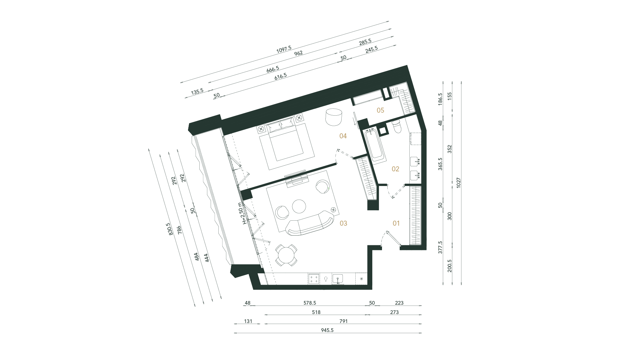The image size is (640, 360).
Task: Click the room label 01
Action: point(396,223)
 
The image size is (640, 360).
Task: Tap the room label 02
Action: point(395,169)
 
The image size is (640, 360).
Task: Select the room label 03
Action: point(343,223)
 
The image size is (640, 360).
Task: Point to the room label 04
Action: point(343,136)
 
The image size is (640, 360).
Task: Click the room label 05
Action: point(380,110)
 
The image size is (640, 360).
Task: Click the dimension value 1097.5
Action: point(284,50)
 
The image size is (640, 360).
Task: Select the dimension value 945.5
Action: point(327,330)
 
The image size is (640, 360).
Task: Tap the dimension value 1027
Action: point(459,182)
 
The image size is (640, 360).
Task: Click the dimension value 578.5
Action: point(310,303)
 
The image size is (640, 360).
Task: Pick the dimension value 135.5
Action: point(197,91)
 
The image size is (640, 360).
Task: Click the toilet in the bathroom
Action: point(396,127)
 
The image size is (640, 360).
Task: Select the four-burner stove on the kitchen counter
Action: point(314,279)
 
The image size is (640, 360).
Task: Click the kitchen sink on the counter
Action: point(338,279)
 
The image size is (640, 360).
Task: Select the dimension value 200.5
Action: point(450,266)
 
